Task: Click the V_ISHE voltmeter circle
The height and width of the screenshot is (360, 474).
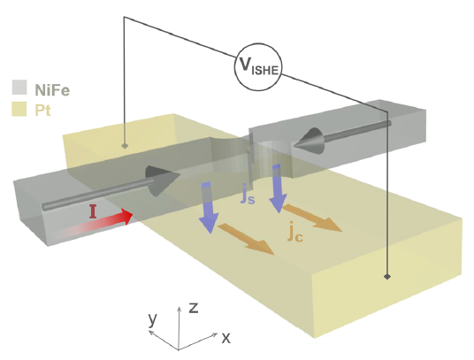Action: (258, 67)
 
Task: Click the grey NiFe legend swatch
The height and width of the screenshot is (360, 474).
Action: (19, 88)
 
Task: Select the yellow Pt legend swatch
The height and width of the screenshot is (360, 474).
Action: (19, 109)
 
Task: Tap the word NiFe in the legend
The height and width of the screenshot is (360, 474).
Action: (52, 89)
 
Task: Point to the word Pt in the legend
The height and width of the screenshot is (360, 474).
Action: (42, 110)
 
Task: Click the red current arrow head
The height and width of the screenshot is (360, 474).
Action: (128, 217)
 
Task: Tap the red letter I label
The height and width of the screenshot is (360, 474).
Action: (93, 211)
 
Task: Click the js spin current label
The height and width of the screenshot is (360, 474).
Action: (248, 195)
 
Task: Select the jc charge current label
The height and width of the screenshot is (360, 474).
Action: (295, 233)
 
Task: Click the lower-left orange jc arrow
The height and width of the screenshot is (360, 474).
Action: (246, 239)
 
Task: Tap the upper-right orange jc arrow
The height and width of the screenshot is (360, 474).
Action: (312, 218)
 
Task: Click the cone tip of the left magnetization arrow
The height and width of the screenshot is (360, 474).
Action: (180, 175)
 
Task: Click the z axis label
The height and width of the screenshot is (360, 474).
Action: (193, 308)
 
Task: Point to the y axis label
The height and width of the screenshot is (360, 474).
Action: (153, 319)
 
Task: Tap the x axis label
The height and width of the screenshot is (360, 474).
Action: (226, 337)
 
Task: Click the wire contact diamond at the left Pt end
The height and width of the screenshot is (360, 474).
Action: (124, 146)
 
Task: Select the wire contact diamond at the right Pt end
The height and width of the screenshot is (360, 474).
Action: (387, 276)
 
